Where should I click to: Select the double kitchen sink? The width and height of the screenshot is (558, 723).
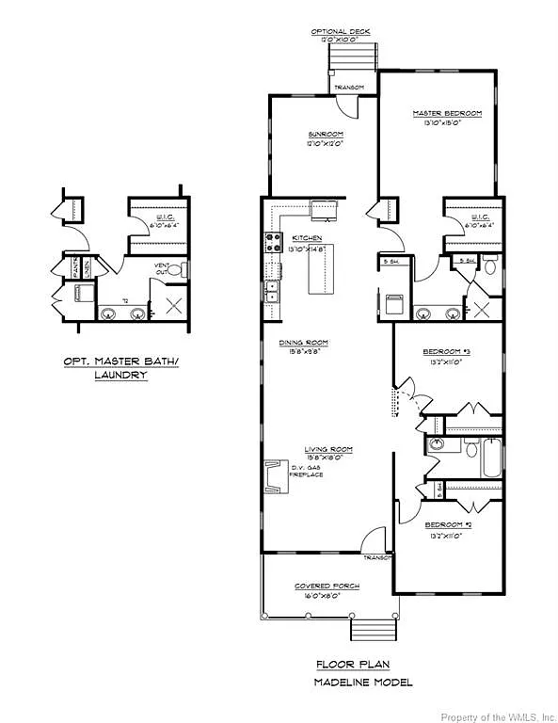[x=272, y=290]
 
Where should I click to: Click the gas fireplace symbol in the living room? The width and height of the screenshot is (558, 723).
[x=275, y=476]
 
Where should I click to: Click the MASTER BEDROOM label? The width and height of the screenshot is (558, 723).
[x=447, y=113]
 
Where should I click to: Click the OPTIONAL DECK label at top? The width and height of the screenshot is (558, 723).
[x=341, y=31]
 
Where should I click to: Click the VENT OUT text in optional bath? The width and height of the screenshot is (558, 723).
[x=162, y=268]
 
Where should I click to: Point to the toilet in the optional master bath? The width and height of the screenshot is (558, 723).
[x=183, y=269]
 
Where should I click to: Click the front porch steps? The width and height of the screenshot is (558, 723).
[x=363, y=627]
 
